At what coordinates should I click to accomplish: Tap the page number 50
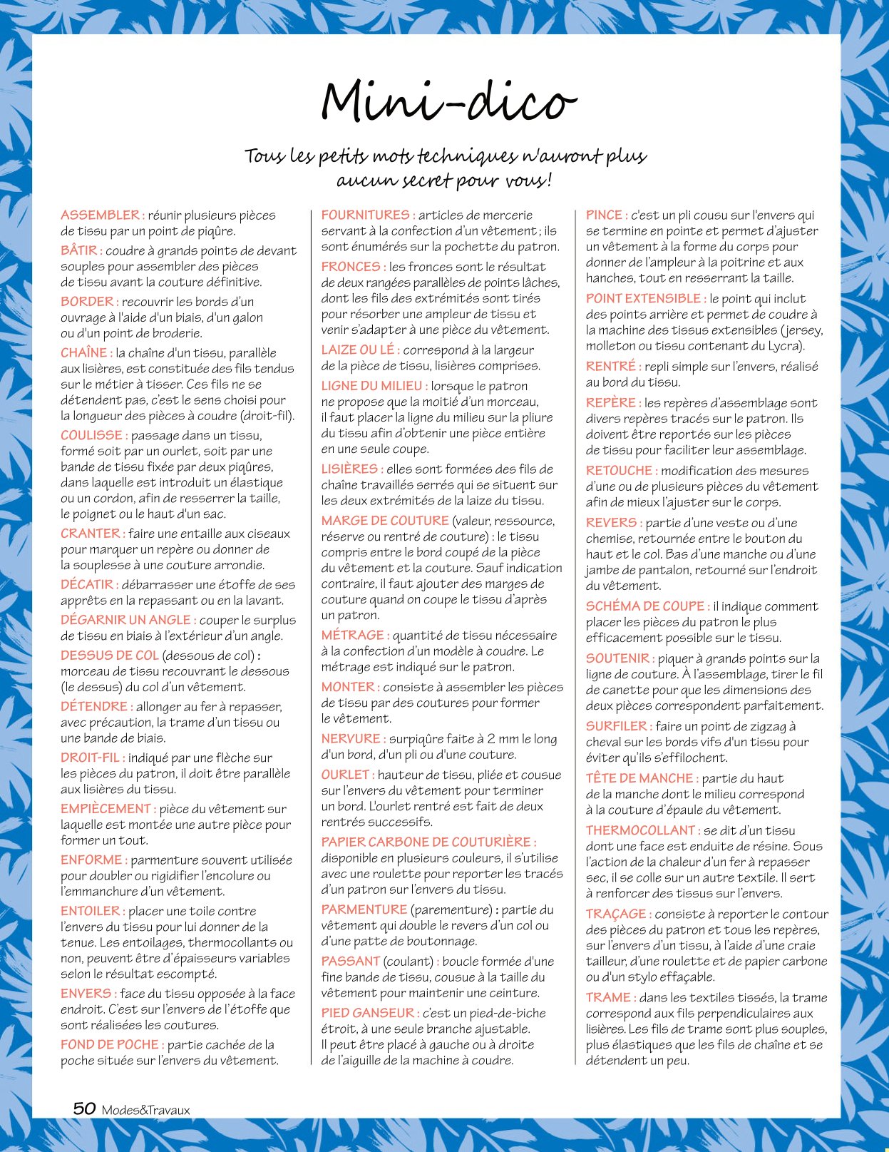tap(85, 1108)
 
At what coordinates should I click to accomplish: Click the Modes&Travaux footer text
tap(145, 1110)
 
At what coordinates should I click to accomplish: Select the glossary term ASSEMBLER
tap(101, 215)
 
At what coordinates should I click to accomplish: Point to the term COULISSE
tap(93, 435)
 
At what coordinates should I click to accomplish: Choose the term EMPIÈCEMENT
tap(107, 809)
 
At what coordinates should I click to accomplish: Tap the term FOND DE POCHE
tap(111, 1044)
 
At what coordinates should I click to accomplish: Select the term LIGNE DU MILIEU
tap(373, 386)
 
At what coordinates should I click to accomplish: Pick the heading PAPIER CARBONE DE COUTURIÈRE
tap(427, 842)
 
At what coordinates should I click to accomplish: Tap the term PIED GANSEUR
tap(369, 1013)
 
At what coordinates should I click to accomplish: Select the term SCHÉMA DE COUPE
tap(646, 606)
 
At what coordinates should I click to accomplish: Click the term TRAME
tap(610, 997)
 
